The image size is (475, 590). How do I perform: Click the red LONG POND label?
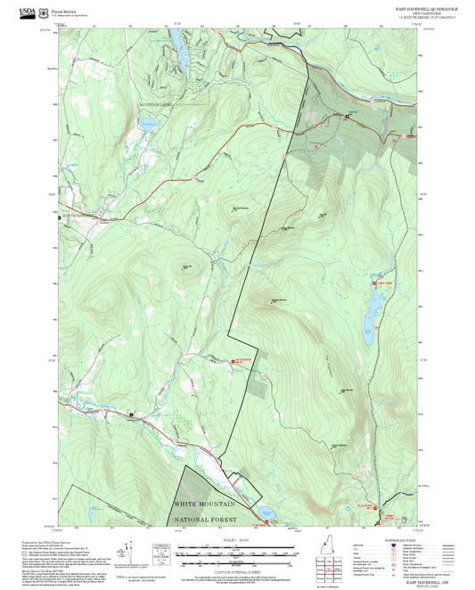(x=381, y=283)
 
